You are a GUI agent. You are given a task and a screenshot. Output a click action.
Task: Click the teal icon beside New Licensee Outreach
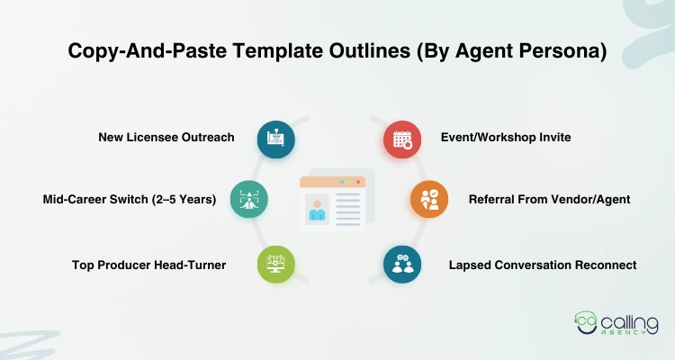pos(275,139)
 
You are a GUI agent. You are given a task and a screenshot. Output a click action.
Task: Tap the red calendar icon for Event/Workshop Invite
pos(401,139)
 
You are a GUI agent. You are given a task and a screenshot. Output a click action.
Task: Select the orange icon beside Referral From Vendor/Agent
pos(428,199)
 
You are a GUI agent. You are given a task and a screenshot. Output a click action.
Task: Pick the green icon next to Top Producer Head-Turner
pos(275,265)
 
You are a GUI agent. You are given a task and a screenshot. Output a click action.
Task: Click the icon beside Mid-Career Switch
pos(248,199)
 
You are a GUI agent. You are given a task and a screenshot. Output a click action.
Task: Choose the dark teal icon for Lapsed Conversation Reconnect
pos(401,265)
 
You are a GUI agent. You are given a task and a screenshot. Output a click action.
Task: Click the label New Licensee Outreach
pos(166,138)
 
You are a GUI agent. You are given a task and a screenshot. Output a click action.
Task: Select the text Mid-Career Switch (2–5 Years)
pos(130,199)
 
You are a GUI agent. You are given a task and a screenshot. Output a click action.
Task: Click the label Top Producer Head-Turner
pos(148,265)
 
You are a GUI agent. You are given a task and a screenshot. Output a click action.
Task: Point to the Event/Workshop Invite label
pos(506,138)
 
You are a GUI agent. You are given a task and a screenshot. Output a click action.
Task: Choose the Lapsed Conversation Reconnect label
pos(543,265)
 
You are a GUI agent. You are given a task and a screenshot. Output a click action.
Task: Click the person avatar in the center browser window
pos(317,208)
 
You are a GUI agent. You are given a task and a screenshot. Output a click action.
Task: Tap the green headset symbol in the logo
pos(586,323)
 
